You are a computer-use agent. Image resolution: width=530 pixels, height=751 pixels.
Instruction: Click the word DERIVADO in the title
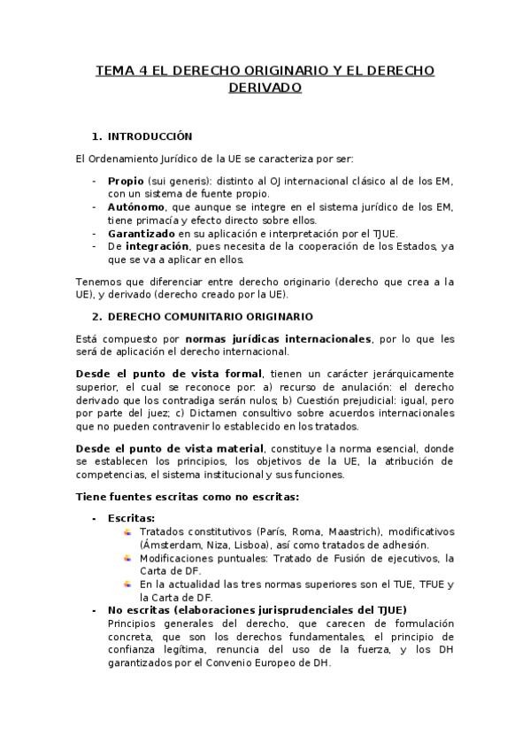[x=265, y=88]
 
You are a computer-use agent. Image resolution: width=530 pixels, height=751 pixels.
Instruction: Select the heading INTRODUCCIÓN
[x=150, y=136]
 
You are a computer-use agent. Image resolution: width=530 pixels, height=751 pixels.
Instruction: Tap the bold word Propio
[x=126, y=181]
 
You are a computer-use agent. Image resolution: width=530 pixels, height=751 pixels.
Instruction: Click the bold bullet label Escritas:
[x=131, y=518]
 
